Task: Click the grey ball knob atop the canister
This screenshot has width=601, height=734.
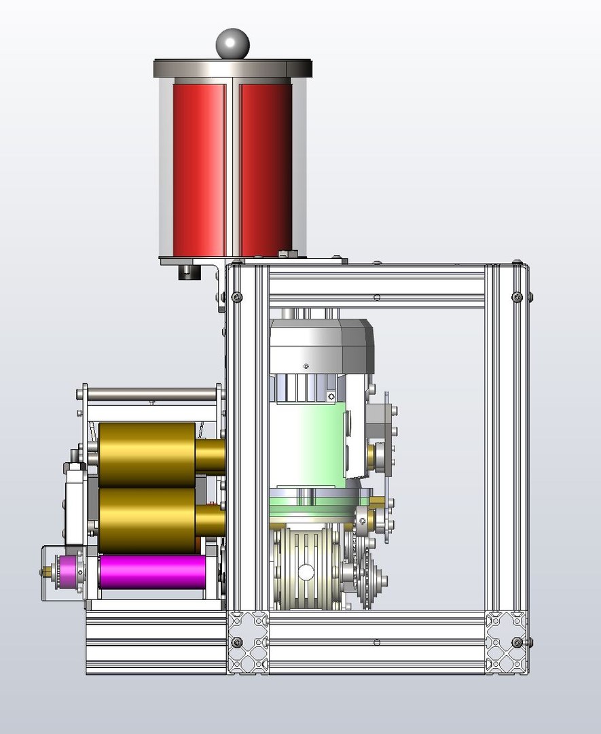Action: click(x=232, y=43)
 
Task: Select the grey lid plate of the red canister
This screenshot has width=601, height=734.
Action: click(x=232, y=68)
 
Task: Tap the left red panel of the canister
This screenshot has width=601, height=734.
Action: click(x=198, y=167)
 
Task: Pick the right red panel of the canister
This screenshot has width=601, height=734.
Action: click(x=266, y=167)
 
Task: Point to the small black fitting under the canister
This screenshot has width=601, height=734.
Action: click(x=187, y=271)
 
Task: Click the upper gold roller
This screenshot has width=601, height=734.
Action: click(x=147, y=454)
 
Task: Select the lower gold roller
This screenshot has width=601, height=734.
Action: click(x=147, y=519)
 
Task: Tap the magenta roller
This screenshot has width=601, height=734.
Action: click(x=152, y=572)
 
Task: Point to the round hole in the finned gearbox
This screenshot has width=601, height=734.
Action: click(x=306, y=573)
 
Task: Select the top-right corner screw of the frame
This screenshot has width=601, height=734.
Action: click(x=517, y=297)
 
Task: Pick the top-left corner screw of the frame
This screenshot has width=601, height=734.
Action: click(x=236, y=297)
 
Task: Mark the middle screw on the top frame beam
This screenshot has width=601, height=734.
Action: click(x=377, y=297)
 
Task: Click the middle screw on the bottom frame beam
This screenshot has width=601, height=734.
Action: click(x=377, y=642)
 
